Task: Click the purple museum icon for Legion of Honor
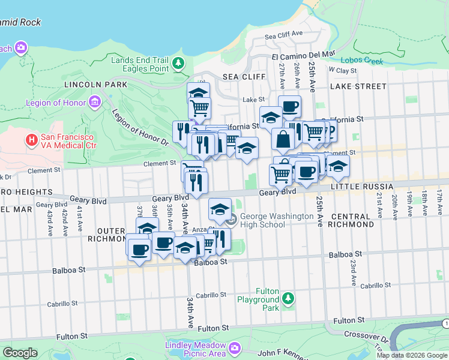click(x=94, y=103)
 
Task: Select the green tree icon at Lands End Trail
click(x=178, y=63)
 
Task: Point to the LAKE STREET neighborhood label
click(x=358, y=86)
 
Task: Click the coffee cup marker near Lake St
click(x=289, y=106)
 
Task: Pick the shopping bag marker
click(x=282, y=139)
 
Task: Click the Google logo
click(x=20, y=353)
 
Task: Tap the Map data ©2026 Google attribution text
click(x=412, y=355)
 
